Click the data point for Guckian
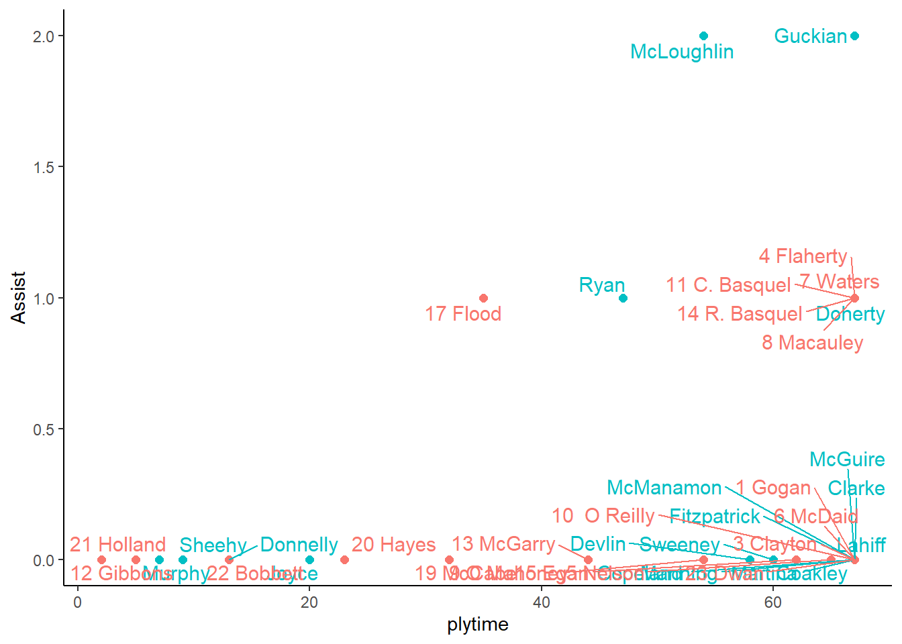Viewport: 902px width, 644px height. pos(854,36)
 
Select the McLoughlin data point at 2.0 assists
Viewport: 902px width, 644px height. pos(703,36)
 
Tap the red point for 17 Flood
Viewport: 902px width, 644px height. pos(483,298)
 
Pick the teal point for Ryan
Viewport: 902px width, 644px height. pos(623,298)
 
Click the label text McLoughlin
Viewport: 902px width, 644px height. pos(682,52)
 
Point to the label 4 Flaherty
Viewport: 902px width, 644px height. pos(803,256)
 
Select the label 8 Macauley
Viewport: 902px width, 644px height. pos(812,343)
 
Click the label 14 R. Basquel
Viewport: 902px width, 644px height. pos(740,314)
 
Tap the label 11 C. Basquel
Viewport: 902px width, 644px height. pos(728,285)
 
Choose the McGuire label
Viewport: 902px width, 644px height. pos(847,460)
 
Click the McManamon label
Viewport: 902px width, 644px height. pos(664,488)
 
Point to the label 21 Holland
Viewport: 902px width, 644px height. pos(117,545)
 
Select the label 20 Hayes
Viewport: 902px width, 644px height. pos(393,545)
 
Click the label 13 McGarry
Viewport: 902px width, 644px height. pos(503,544)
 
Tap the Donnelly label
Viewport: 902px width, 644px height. pos(299,545)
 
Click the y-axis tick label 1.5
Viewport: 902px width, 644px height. pos(44,167)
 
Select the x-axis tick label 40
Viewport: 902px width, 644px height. pos(541,602)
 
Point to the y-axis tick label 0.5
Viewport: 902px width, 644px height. pos(44,429)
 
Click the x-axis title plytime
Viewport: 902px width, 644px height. pos(477,625)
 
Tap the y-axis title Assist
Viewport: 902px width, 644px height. pos(18,298)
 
